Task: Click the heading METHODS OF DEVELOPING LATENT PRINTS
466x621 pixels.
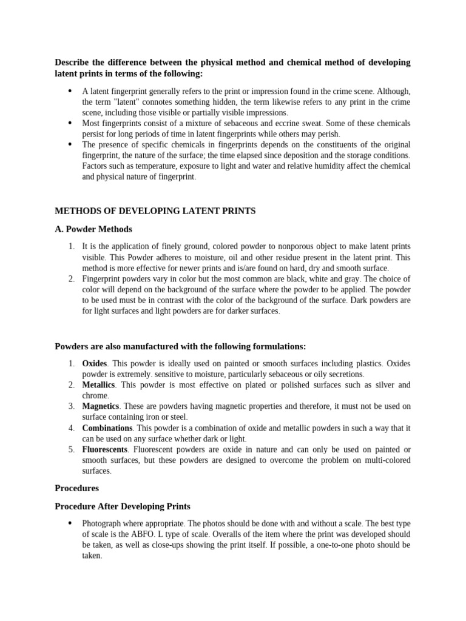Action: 155,211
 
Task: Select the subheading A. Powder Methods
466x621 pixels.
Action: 93,229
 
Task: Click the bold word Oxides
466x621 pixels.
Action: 94,363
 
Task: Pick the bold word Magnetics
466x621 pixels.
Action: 101,406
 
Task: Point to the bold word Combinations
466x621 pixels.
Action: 107,428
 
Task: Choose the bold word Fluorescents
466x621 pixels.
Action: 105,449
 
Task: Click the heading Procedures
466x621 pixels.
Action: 76,488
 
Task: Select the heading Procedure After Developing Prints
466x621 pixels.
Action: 123,506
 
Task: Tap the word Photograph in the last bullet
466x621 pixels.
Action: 103,523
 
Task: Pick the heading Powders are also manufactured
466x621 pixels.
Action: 180,346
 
